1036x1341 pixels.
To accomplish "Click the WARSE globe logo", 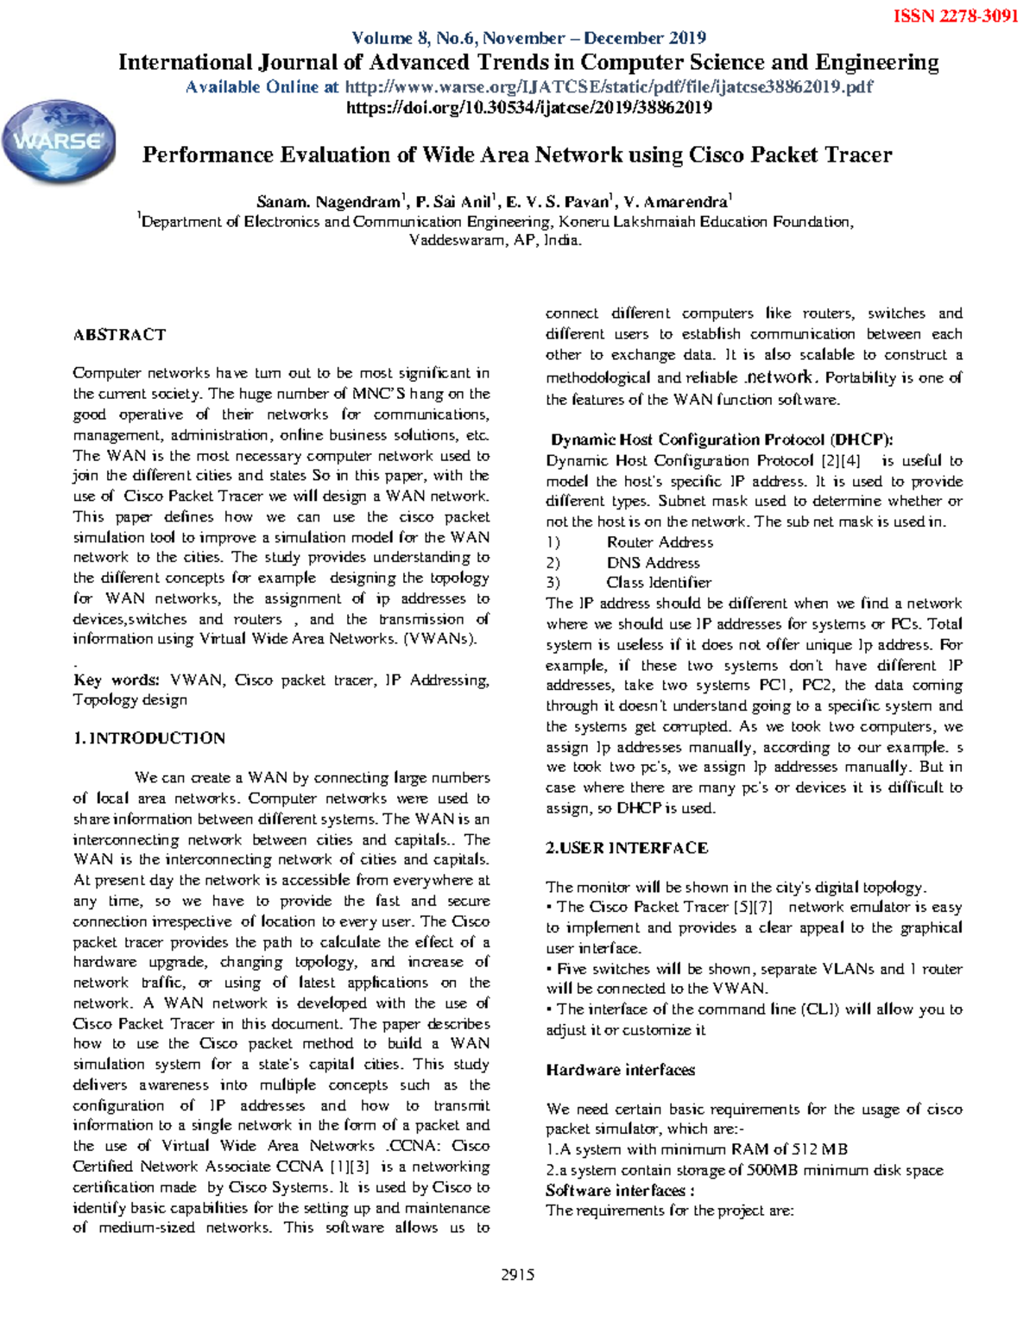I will (59, 142).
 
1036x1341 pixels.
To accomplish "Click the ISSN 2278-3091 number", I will (955, 16).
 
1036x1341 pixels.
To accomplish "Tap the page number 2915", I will (517, 1275).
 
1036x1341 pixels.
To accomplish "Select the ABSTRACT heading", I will (119, 335).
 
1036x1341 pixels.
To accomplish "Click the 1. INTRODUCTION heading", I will (149, 738).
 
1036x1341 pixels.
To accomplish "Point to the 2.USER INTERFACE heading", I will (627, 848).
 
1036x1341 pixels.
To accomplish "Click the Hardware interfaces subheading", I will (620, 1070).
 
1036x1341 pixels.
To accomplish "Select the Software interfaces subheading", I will (620, 1191).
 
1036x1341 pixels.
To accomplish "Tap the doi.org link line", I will (528, 108).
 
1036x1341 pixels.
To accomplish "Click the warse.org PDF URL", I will (609, 87).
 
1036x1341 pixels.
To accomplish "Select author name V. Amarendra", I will (676, 203).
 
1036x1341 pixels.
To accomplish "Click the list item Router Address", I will (660, 542).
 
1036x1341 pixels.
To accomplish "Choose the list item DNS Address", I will (653, 563).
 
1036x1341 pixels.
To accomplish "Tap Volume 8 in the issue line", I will (389, 38).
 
